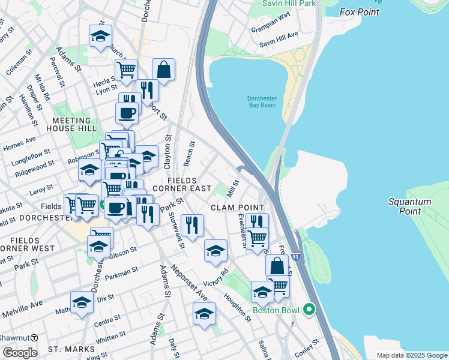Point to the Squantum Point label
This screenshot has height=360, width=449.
(409, 206)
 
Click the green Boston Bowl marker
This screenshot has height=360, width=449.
(309, 310)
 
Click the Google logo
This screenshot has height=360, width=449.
(19, 353)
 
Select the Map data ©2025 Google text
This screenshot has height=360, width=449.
(411, 355)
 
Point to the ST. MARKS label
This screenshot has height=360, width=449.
(71, 349)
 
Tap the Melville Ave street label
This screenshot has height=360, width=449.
(22, 310)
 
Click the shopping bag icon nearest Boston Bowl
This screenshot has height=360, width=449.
(277, 265)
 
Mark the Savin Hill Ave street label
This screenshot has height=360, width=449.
(279, 44)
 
